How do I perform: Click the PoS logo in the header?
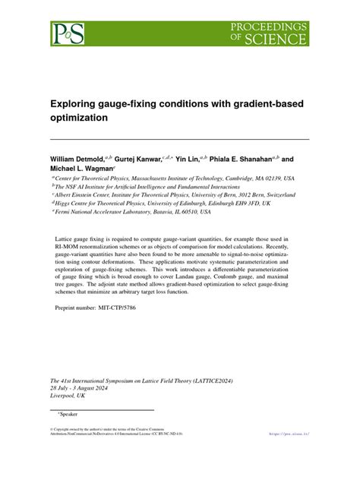pyautogui.click(x=68, y=33)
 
